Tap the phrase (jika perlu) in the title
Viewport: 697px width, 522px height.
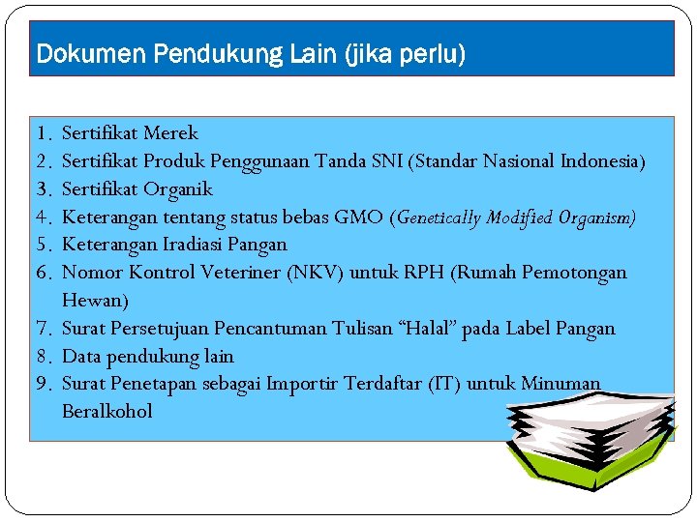pos(405,54)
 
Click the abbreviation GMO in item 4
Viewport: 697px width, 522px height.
pos(358,217)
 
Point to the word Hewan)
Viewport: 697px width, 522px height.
pos(95,301)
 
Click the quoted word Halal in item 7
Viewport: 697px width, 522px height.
pos(434,329)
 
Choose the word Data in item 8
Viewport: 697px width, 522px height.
pos(81,357)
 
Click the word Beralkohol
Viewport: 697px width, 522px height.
pos(107,412)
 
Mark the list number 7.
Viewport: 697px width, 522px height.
pos(43,329)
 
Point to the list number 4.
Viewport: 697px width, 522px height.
pos(43,217)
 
